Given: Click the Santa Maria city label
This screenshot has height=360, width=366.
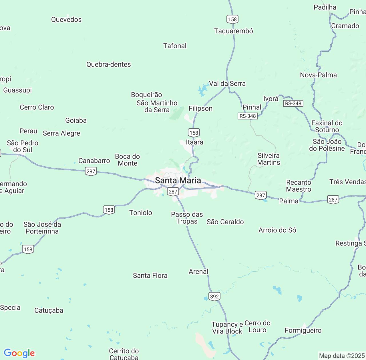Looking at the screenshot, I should point(178,180).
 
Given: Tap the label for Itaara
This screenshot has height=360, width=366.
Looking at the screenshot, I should point(194,142).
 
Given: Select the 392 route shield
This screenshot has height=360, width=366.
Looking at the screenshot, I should point(214,296).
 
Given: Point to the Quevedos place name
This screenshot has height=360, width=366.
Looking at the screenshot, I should point(66,19).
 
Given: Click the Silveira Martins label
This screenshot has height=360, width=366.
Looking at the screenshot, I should point(268,159).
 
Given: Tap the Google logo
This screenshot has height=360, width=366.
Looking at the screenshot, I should point(19,353).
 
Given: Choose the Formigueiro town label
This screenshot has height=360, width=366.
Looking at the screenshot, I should point(303,331).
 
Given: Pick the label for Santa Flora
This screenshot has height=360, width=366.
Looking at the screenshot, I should point(150,275).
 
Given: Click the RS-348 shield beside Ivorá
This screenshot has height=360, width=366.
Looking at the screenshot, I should point(293,103).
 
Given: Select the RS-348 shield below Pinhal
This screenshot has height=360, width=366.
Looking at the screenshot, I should point(248,116).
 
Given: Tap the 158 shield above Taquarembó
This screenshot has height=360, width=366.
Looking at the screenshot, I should point(232,19).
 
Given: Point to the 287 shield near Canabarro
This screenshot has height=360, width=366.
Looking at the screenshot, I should point(91,171).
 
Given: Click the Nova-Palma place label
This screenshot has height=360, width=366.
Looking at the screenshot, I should point(318,75).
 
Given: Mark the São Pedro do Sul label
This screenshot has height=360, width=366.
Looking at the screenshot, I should point(23,146).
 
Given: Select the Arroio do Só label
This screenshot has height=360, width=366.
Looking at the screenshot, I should point(277,230).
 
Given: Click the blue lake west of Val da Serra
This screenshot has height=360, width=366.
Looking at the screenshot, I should point(203,90).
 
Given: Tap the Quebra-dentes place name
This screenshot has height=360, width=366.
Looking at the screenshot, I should point(109,64).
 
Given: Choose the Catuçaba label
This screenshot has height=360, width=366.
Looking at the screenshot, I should point(49,310).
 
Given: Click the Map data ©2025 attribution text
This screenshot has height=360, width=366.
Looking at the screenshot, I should point(342,356).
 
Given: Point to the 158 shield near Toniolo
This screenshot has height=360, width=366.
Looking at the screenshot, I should point(109,210).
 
